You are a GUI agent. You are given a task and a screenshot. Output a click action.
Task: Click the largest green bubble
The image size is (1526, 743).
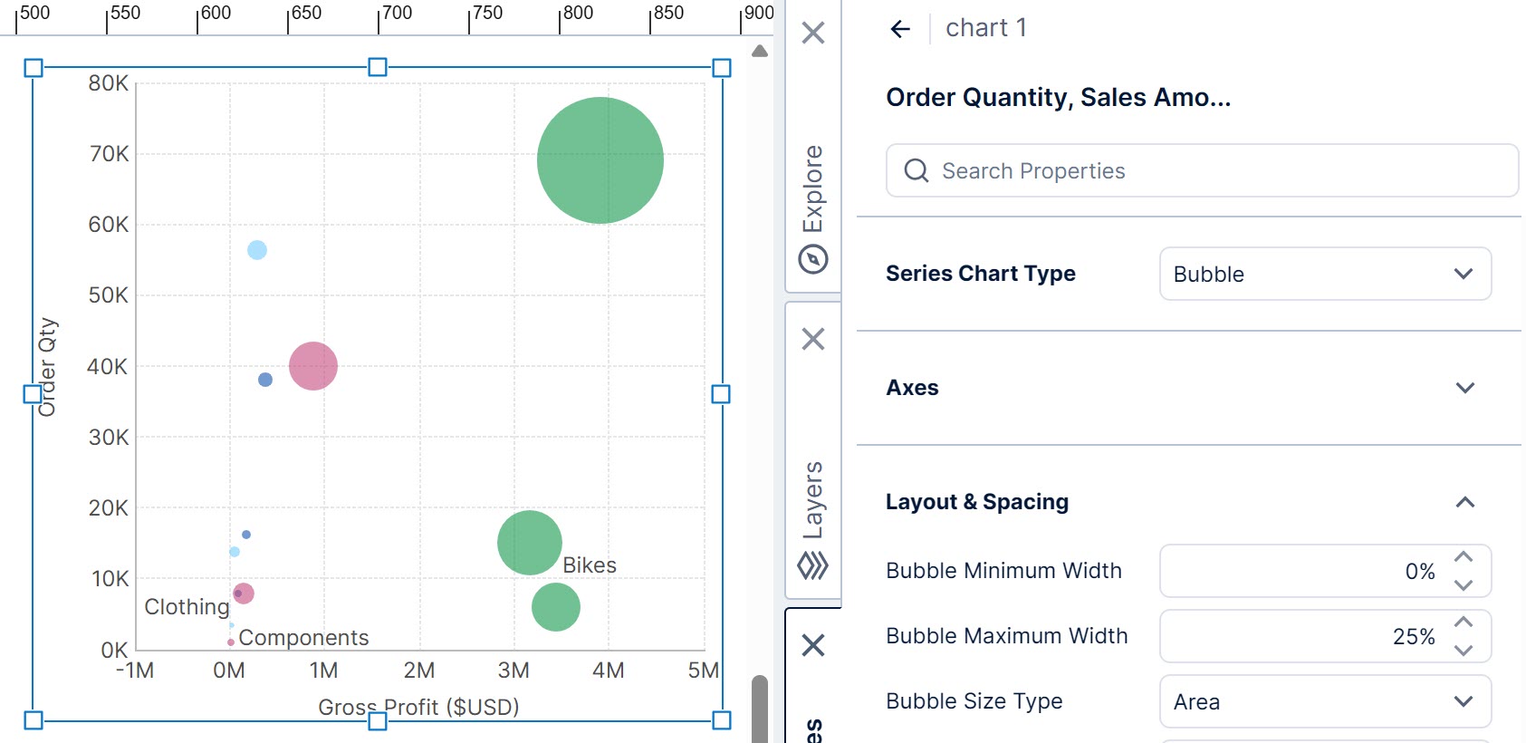(x=600, y=160)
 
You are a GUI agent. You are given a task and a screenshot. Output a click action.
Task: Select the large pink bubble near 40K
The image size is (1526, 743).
(x=313, y=366)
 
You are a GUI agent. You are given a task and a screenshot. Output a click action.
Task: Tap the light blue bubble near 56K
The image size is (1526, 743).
(x=257, y=250)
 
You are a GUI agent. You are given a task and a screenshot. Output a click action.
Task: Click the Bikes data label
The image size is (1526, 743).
(x=590, y=565)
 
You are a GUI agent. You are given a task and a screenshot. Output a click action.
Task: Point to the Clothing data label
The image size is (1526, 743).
(x=187, y=607)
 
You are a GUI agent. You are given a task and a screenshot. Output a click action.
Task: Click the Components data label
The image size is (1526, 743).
(x=303, y=638)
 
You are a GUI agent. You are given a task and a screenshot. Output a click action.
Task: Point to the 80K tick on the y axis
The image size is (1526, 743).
(x=109, y=83)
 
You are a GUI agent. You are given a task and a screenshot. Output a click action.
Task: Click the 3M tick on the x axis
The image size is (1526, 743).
(x=513, y=671)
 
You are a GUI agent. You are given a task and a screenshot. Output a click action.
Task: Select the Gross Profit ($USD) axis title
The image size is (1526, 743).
(x=418, y=707)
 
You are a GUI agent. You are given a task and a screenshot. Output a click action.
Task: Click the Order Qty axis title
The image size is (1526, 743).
(x=47, y=367)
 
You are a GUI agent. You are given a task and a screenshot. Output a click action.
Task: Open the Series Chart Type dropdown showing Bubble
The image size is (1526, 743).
(x=1325, y=274)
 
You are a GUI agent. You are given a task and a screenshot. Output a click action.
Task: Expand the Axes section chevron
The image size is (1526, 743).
(x=1464, y=388)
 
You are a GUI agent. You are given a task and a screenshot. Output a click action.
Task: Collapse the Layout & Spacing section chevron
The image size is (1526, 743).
(x=1464, y=502)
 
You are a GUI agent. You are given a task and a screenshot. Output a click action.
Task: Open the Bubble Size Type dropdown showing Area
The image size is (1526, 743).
(x=1325, y=701)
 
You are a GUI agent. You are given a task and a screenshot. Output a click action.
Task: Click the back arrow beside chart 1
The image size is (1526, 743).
(x=900, y=29)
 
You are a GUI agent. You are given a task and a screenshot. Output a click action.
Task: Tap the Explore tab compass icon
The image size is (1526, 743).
(x=813, y=260)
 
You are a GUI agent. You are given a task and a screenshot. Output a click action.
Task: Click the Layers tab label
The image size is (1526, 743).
(x=813, y=499)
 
